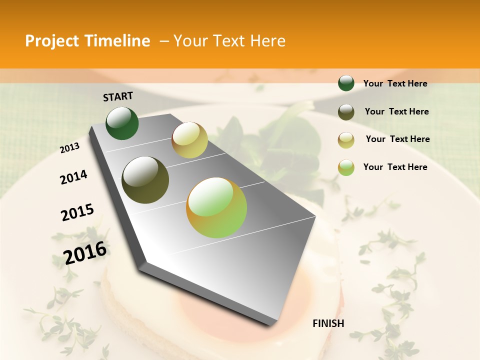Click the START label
point(118,96)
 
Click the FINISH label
point(328,323)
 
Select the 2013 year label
point(70,147)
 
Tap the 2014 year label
point(74,177)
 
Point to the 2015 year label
point(77,212)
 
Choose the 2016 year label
point(85,252)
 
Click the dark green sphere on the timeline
point(122,123)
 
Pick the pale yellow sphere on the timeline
point(189,139)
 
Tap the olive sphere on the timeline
point(145,180)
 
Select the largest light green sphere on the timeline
point(216,207)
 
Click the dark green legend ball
point(346,83)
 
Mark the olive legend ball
point(346,112)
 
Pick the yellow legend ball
point(346,140)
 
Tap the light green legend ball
point(346,167)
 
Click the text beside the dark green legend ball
point(395,83)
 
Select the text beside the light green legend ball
point(395,167)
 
